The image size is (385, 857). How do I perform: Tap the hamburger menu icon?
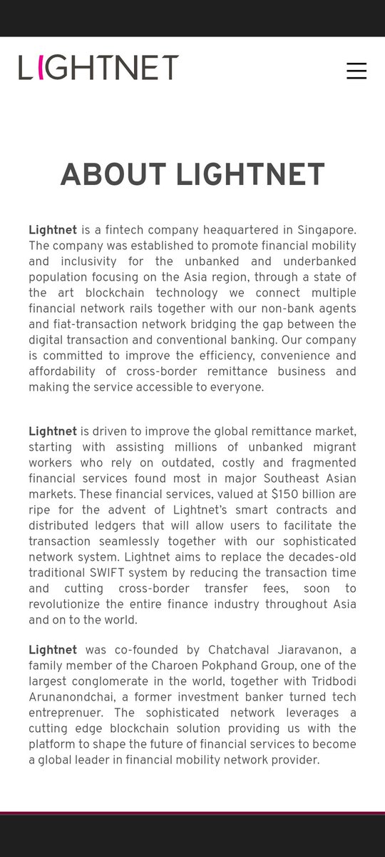[x=356, y=71]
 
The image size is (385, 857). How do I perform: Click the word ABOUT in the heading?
[x=113, y=175]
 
